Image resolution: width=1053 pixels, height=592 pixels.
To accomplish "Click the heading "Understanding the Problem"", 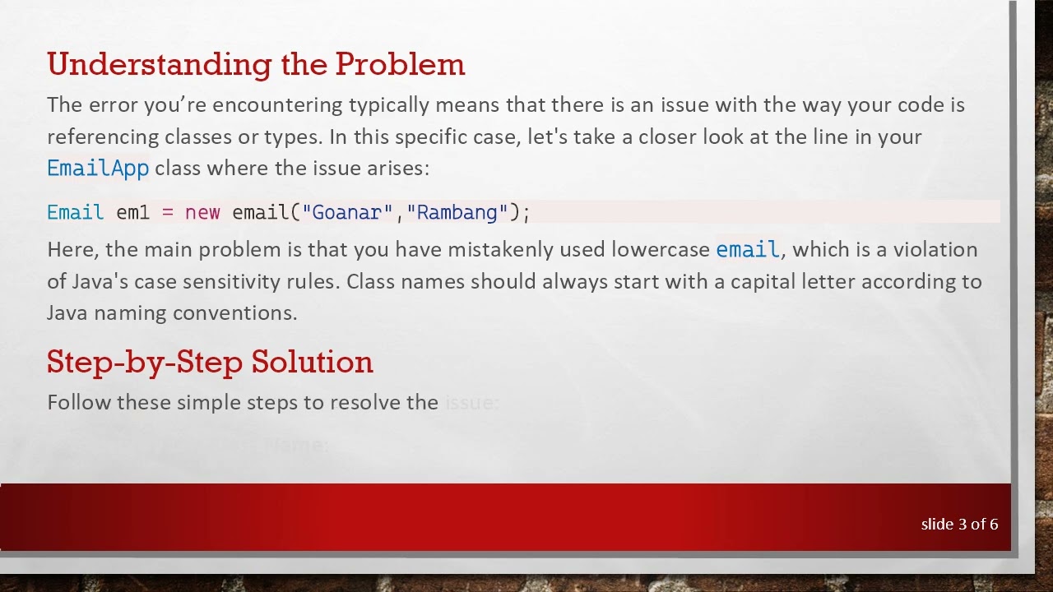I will click(x=256, y=64).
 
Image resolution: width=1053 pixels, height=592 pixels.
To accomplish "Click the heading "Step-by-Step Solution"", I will click(x=210, y=362).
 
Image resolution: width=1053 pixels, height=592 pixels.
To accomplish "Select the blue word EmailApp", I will click(x=98, y=169).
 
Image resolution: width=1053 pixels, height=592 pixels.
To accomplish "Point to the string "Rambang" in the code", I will click(x=457, y=212).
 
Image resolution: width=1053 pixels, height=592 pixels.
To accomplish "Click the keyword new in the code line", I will click(x=202, y=212).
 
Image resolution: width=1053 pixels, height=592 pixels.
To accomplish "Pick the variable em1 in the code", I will click(x=132, y=212).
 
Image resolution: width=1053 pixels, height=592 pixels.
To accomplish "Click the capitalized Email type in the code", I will click(x=75, y=212).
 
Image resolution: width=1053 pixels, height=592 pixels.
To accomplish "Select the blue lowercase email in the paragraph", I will click(x=747, y=249).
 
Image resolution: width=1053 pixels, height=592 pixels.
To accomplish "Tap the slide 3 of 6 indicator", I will click(x=959, y=524).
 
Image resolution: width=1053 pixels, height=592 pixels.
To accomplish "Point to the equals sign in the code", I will click(x=168, y=212).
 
